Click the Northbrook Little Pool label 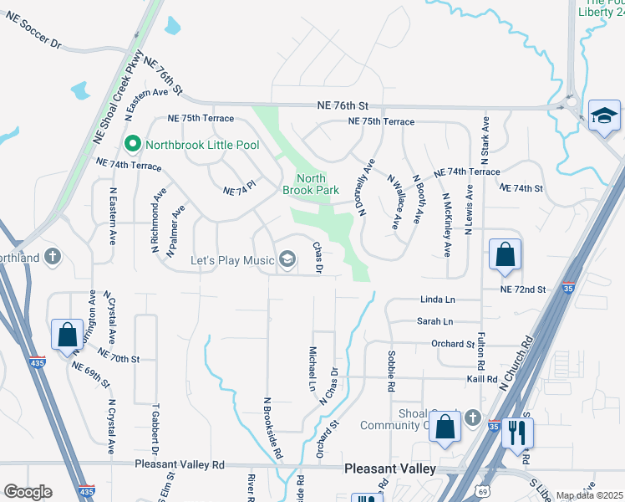[202, 144]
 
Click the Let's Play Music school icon [287, 260]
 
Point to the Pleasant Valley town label [390, 469]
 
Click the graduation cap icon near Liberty [604, 115]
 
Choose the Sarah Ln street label [434, 321]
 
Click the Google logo [28, 492]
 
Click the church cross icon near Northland [53, 257]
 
